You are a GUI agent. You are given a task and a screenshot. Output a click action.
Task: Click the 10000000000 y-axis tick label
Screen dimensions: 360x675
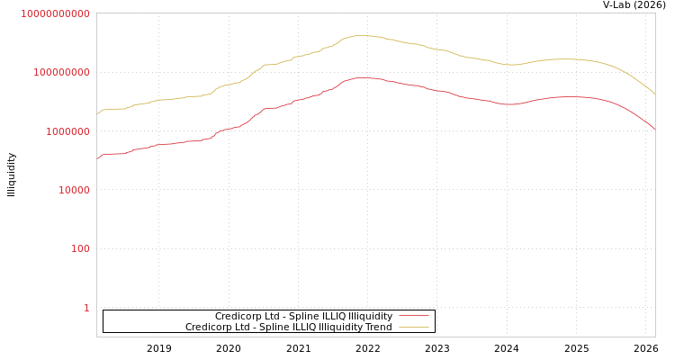[x=55, y=13]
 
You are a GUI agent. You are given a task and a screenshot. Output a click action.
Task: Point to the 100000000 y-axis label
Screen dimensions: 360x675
[x=60, y=72]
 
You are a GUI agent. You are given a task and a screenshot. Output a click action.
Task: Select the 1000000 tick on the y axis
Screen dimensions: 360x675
[x=66, y=131]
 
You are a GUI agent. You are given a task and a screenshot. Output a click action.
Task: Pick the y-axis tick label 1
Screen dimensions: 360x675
[x=86, y=308]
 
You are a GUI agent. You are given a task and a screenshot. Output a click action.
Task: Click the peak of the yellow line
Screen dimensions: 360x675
[x=363, y=36]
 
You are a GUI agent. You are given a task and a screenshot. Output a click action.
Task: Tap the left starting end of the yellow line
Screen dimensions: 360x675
[x=97, y=113]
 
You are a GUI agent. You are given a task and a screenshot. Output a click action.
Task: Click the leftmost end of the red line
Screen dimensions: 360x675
[x=97, y=159]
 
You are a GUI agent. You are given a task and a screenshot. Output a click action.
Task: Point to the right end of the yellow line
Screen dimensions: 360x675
[x=655, y=94]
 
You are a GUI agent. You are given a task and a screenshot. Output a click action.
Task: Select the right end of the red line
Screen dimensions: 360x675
[x=655, y=130]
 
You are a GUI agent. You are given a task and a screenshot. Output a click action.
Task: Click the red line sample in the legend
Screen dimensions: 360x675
[x=413, y=317]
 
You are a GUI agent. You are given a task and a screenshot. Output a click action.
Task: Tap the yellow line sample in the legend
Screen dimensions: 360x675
[x=413, y=328]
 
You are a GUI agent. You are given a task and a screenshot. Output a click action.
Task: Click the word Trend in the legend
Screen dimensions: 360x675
[x=378, y=328]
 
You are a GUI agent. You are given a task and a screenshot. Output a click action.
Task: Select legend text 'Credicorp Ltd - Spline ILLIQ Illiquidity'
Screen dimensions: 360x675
[x=303, y=317]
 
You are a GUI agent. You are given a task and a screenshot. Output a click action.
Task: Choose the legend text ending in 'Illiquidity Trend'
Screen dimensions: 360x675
[x=288, y=328]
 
